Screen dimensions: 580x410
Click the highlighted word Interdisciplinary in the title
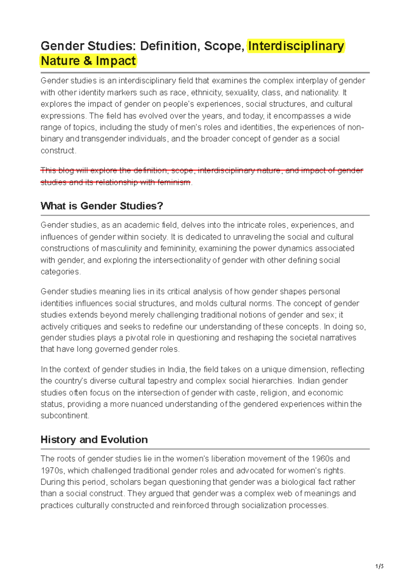296,46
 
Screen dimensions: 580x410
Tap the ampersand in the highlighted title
87,61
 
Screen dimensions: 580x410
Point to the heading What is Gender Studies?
102,206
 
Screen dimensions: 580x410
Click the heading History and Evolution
94,440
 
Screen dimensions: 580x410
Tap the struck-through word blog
66,170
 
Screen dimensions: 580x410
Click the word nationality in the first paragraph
320,93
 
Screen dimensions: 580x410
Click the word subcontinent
65,416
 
